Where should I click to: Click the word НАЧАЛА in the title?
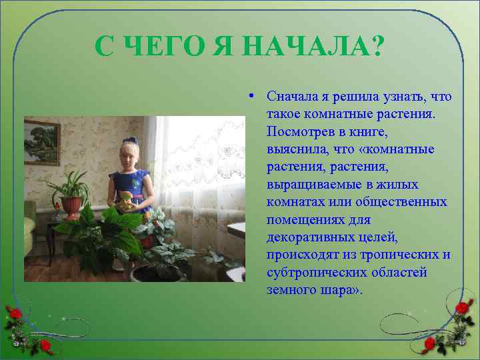306,47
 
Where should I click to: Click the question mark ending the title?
377,47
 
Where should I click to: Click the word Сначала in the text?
292,97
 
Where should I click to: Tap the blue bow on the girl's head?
131,141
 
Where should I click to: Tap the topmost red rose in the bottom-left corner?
15,311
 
